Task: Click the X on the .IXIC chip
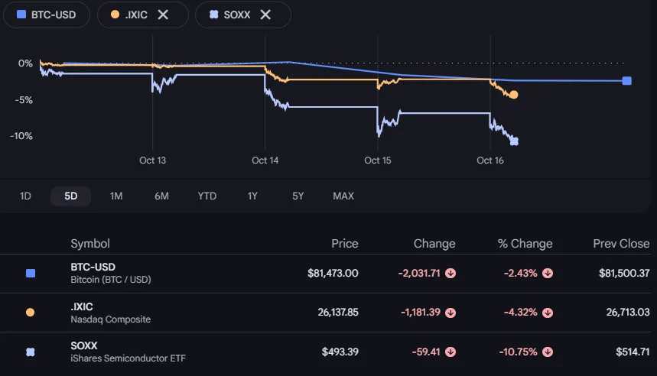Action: [163, 15]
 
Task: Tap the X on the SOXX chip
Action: [265, 15]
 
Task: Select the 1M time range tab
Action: [116, 196]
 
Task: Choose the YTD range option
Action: [207, 196]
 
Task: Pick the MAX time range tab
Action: [343, 196]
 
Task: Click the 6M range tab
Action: [161, 196]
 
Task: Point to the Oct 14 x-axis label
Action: [265, 160]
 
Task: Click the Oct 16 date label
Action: [490, 160]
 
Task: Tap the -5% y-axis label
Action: [24, 100]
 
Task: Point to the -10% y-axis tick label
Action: [21, 136]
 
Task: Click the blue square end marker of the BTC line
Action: [627, 81]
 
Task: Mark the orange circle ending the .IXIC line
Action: [514, 95]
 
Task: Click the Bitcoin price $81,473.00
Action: [333, 274]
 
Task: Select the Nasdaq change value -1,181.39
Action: [421, 313]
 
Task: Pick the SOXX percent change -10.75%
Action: [518, 352]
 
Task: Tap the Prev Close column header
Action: [621, 244]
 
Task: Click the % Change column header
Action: [525, 244]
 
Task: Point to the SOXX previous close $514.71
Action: [633, 352]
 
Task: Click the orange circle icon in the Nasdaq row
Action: [30, 313]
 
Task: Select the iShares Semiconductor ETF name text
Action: [128, 358]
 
